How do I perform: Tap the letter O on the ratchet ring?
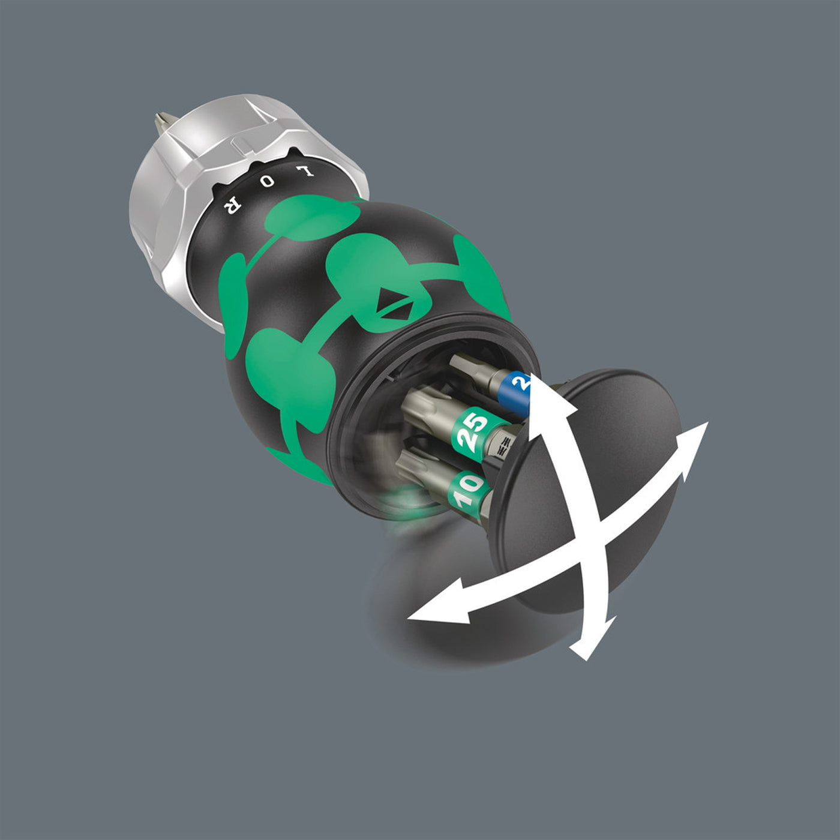click(x=269, y=180)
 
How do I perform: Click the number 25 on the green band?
click(x=474, y=431)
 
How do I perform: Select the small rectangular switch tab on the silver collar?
click(x=239, y=146)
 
